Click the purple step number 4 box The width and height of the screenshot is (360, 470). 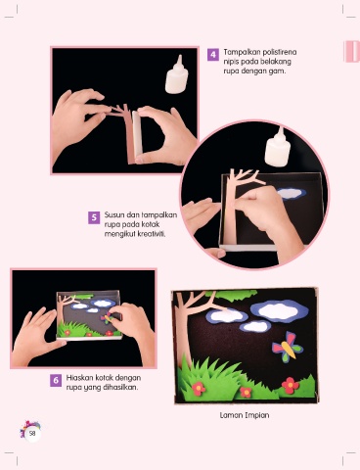click(x=213, y=54)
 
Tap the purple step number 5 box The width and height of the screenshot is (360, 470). click(x=94, y=217)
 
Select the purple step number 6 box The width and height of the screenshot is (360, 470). click(x=56, y=380)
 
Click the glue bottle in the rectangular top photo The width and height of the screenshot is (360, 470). click(x=177, y=74)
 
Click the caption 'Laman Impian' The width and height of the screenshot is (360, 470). click(x=245, y=415)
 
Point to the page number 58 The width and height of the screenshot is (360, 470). click(x=32, y=434)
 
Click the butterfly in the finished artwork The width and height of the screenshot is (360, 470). click(x=286, y=348)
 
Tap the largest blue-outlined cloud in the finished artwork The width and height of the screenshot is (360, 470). click(x=279, y=310)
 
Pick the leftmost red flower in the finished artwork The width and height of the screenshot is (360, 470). click(x=199, y=389)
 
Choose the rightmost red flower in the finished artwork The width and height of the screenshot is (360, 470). click(x=290, y=385)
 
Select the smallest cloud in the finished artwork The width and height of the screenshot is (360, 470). click(x=255, y=326)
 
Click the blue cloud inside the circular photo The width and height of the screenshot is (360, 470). click(x=292, y=194)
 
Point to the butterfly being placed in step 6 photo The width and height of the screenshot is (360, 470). click(x=108, y=317)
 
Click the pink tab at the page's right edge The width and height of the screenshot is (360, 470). click(x=351, y=52)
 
